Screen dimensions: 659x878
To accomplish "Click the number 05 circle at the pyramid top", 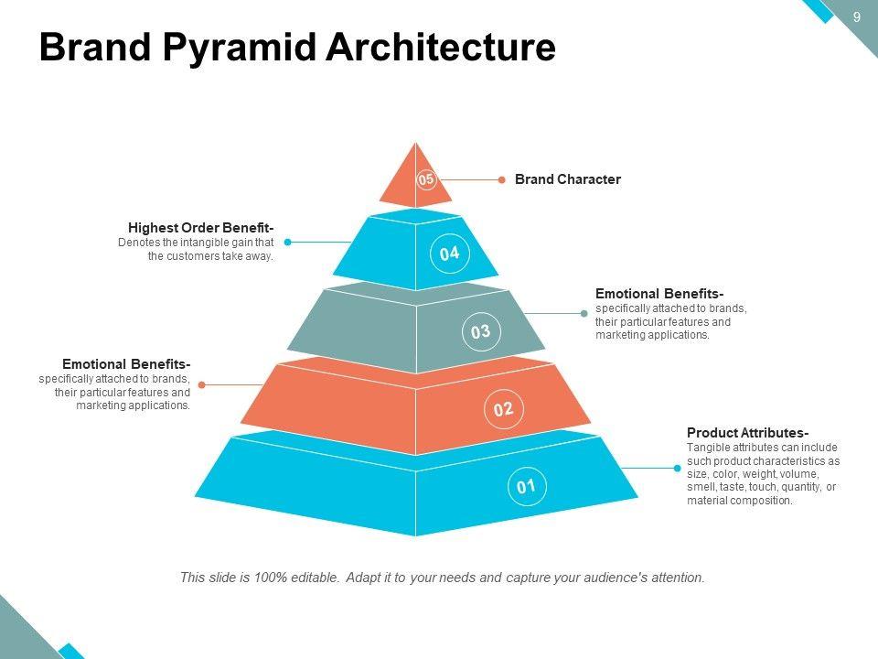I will coord(426,179).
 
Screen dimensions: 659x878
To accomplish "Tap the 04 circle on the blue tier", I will coord(449,254).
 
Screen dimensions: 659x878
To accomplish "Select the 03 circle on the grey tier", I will coord(480,332).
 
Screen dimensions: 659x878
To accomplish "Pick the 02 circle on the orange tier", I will coord(503,409).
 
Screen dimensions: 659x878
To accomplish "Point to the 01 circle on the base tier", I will coord(526,486).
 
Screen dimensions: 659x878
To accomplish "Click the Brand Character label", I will coord(567,179).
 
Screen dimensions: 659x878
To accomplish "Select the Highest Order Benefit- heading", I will coord(201,228).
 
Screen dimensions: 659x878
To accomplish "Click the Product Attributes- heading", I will coord(747,433).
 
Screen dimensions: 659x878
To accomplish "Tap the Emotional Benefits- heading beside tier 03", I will coord(659,294).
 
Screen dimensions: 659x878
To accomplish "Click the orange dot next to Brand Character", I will coord(501,180).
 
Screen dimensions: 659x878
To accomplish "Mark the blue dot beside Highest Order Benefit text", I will coord(287,243).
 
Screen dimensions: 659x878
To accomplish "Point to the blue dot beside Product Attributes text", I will coord(678,469).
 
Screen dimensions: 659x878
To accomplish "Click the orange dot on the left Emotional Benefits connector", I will coord(202,385).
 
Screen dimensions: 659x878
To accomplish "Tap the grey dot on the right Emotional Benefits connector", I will coord(584,314).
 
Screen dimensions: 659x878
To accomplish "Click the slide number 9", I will coord(857,16).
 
